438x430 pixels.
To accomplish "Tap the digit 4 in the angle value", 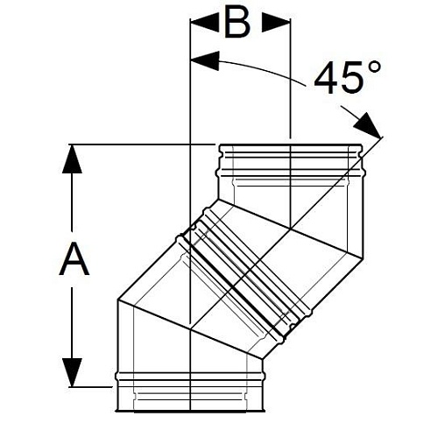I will click(328, 80).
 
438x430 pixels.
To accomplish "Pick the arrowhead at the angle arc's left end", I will click(201, 60).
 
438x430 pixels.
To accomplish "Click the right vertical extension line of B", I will click(289, 88).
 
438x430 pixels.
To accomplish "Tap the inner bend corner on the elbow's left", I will click(117, 300).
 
